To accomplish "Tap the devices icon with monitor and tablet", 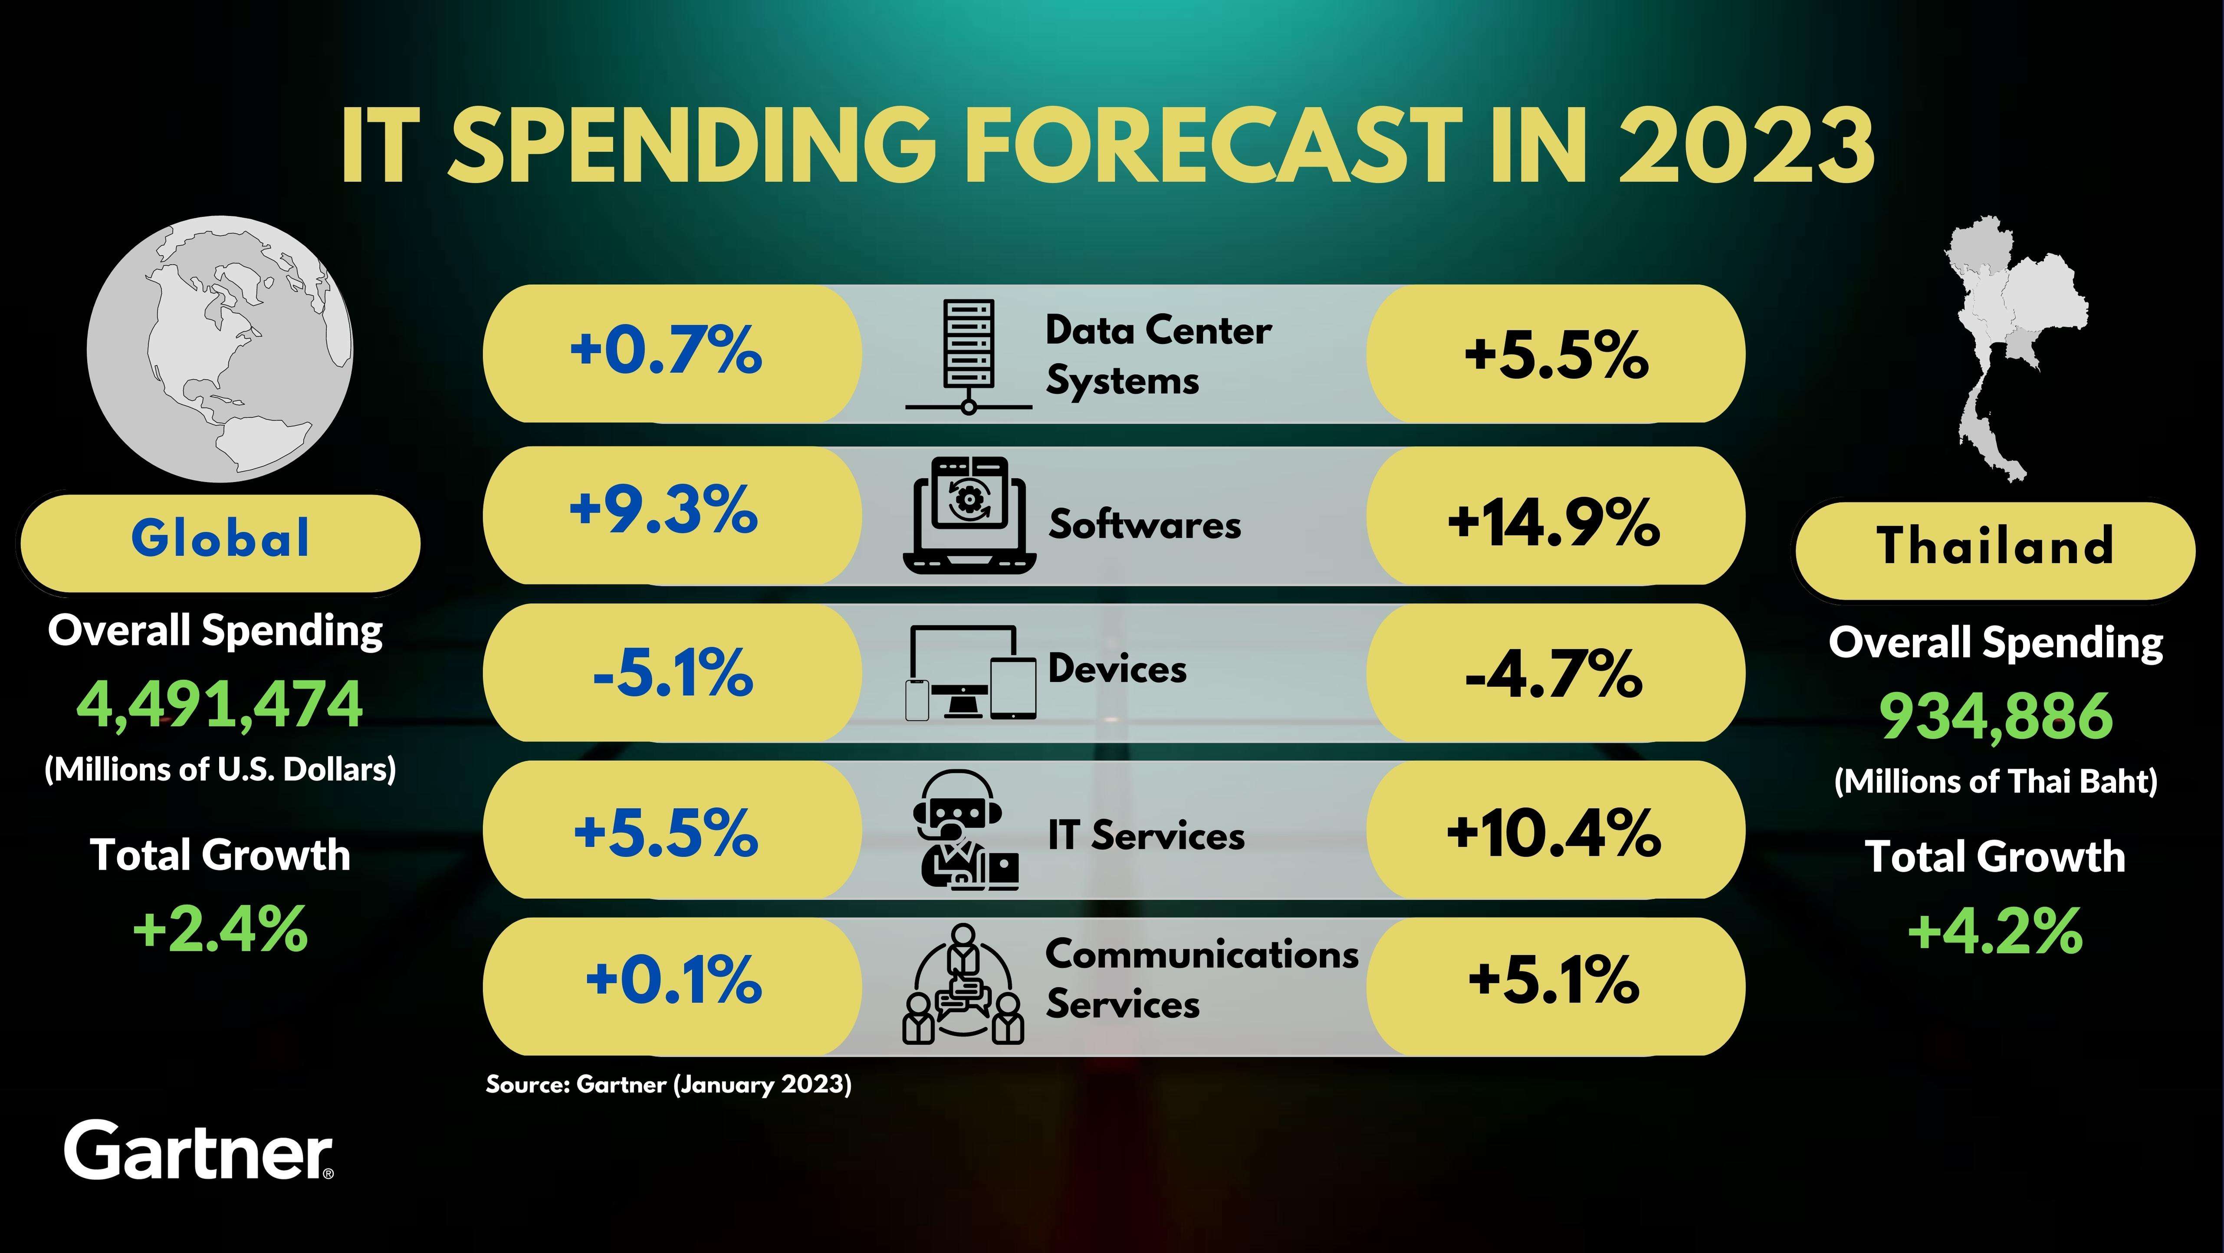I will tap(970, 672).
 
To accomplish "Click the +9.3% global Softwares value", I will tap(663, 510).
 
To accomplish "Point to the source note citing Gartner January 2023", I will tap(668, 1085).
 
